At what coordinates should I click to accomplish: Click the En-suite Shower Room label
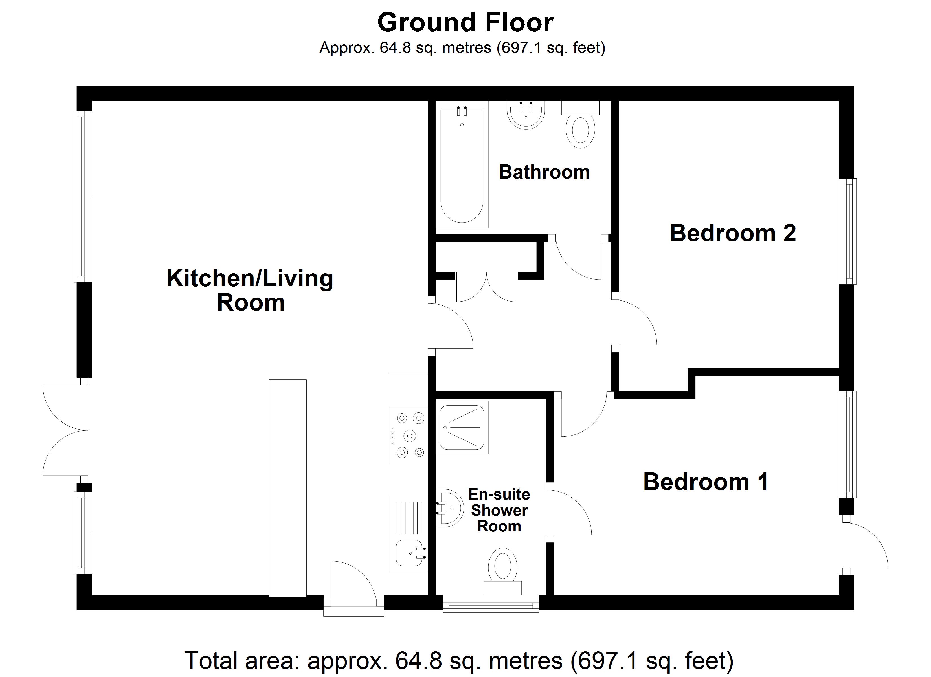click(499, 510)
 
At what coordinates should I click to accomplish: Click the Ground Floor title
click(465, 22)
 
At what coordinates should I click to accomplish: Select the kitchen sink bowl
click(409, 553)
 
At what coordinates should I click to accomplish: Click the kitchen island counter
click(287, 488)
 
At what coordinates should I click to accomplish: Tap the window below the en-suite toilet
click(491, 603)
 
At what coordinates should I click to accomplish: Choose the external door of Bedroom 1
click(865, 545)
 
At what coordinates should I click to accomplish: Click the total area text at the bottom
click(459, 661)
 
